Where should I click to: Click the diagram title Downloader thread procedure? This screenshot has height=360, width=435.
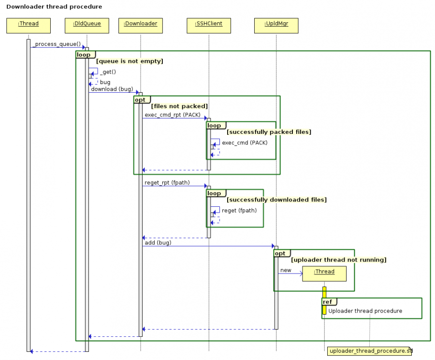54,7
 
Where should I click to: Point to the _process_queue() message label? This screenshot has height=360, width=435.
57,44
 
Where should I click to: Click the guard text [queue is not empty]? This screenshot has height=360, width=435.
130,61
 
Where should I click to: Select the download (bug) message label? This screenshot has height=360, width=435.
112,89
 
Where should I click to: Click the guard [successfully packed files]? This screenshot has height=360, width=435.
269,132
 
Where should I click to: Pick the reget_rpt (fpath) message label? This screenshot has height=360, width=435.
167,183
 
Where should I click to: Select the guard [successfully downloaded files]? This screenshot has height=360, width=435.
276,200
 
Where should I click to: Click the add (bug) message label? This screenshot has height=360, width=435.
158,243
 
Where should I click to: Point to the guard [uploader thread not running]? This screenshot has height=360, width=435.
338,260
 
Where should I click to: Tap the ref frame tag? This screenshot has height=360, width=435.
328,302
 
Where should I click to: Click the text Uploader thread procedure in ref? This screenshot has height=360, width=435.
365,311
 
